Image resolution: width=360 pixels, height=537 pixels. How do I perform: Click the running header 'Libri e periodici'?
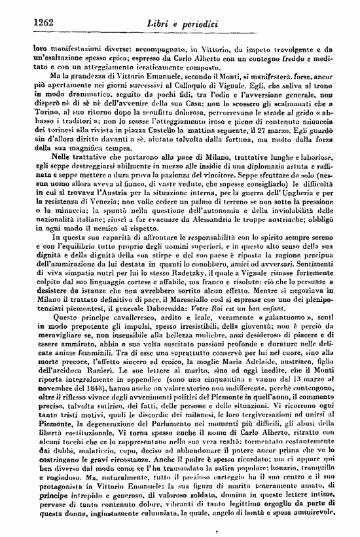point(182,24)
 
